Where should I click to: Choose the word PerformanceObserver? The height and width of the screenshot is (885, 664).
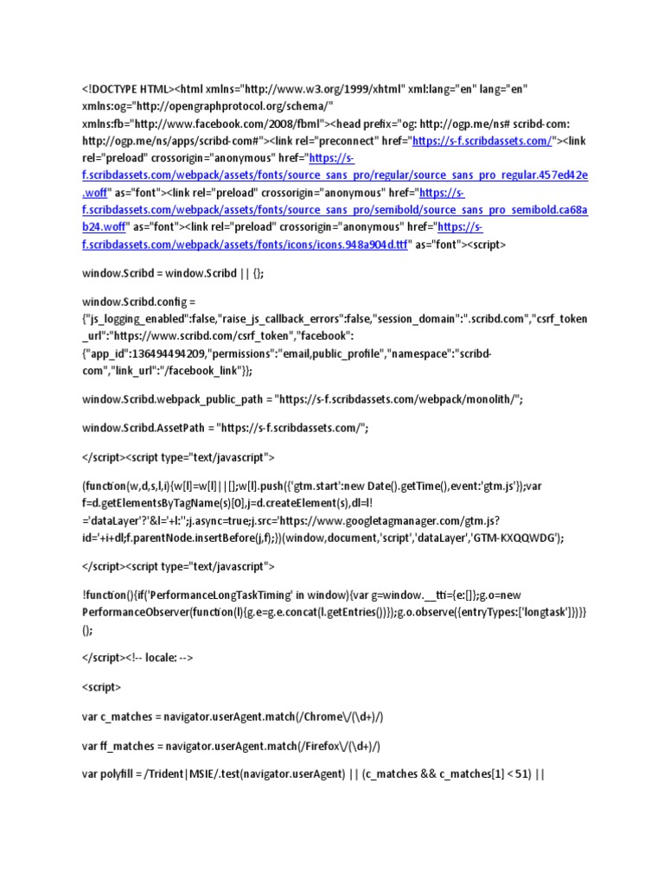138,612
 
